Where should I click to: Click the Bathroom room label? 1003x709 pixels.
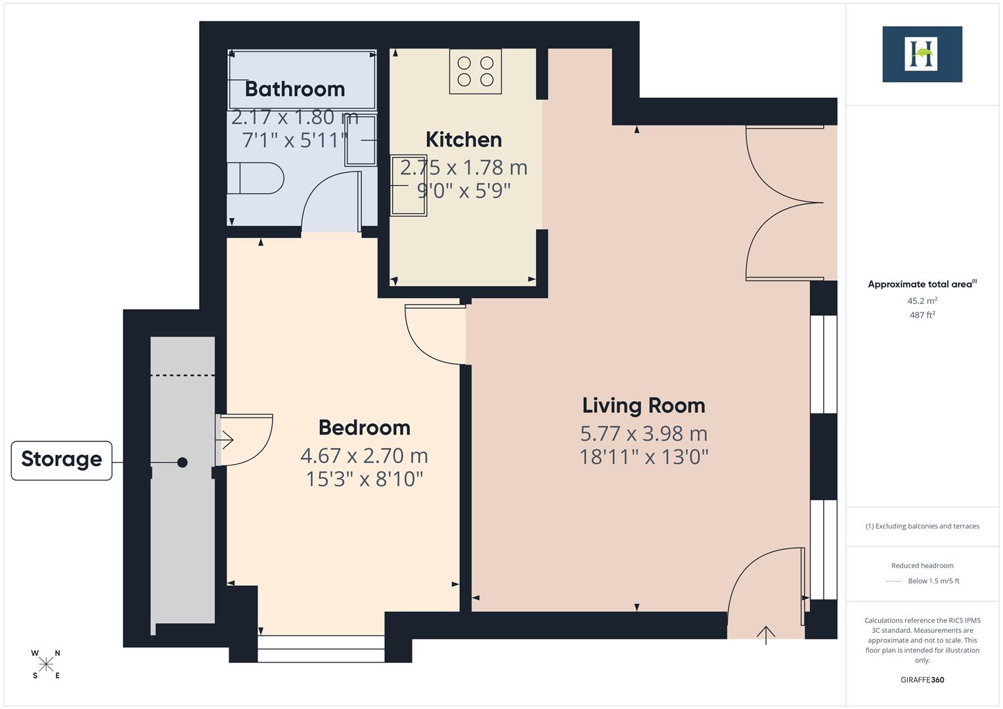(295, 89)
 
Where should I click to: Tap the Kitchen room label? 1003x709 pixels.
(464, 139)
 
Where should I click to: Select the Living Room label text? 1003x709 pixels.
(644, 405)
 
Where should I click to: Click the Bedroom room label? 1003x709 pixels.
(365, 427)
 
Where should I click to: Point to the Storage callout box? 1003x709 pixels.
(62, 460)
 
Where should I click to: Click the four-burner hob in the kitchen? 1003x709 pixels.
(475, 71)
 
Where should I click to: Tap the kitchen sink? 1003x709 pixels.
(408, 186)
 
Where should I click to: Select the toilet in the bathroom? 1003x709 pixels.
(254, 178)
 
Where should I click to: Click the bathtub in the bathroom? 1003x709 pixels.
(302, 79)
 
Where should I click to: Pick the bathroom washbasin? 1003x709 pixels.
(362, 140)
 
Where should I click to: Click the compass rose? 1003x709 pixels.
(46, 664)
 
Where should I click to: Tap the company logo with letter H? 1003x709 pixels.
(922, 54)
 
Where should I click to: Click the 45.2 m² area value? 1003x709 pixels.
(922, 301)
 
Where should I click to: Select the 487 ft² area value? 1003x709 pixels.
(922, 315)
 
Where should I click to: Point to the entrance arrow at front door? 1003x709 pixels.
(766, 634)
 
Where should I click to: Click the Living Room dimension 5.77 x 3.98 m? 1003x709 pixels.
(644, 433)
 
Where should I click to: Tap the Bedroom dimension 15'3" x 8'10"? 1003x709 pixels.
(365, 479)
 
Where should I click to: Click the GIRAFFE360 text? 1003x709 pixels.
(922, 679)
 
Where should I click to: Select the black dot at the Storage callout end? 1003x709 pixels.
(183, 462)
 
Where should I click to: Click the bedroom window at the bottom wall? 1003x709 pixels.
(321, 649)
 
